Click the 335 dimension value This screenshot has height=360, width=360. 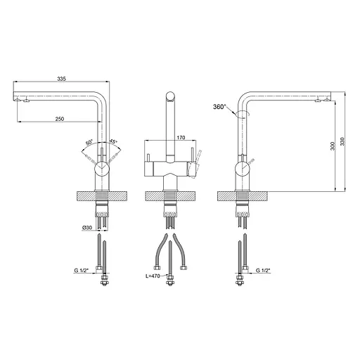click(61, 79)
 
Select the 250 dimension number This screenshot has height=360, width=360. click(60, 119)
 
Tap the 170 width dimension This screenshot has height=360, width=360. click(181, 138)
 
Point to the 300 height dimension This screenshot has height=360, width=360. click(333, 146)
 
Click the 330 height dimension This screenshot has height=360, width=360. click(342, 141)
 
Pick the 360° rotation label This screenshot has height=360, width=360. click(219, 107)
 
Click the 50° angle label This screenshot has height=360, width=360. click(89, 142)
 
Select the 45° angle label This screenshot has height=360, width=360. click(113, 141)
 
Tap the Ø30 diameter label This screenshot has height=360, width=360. click(87, 228)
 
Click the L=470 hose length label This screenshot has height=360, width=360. click(153, 276)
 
